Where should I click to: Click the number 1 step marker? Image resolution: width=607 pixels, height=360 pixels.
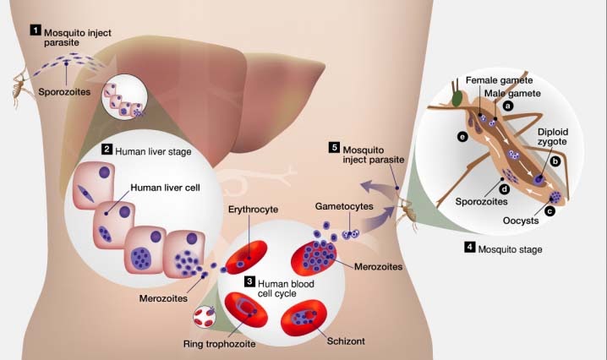pyautogui.click(x=36, y=30)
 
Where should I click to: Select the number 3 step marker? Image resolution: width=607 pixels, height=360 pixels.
pyautogui.click(x=249, y=281)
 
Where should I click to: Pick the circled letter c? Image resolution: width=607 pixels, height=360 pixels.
pyautogui.click(x=550, y=210)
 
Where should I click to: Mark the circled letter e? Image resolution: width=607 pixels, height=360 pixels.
pyautogui.click(x=462, y=136)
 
